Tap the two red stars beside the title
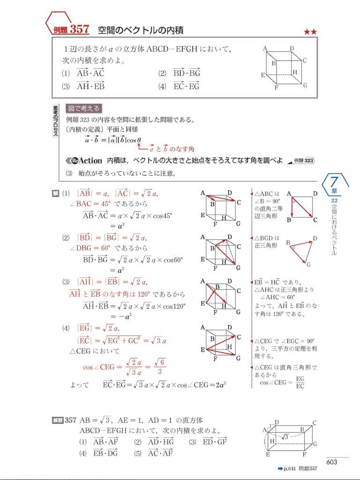coord(310,32)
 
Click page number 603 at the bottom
coord(332,462)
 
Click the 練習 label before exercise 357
coord(58,420)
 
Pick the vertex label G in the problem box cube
coord(305,85)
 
